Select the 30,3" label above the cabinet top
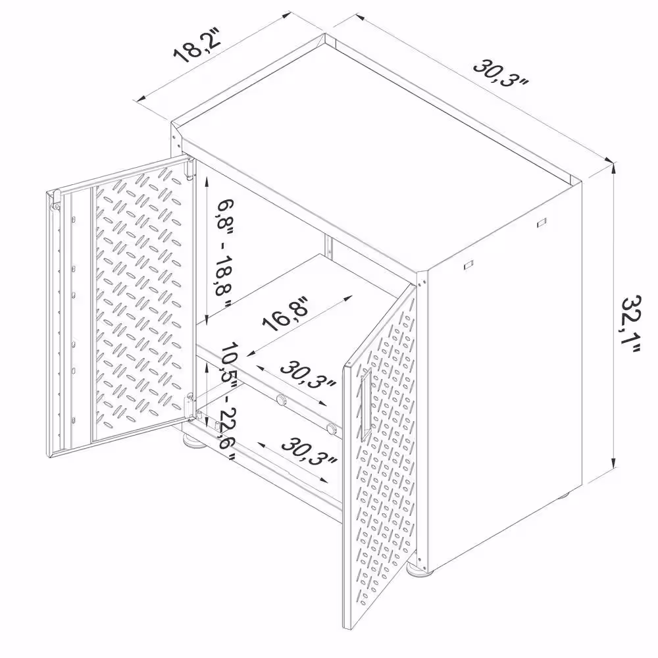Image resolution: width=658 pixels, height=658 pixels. coord(501,74)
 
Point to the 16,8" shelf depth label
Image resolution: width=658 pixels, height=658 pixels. coord(286,313)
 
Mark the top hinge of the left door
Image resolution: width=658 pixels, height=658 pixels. coord(190,168)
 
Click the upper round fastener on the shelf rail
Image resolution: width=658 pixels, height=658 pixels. coord(281,399)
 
